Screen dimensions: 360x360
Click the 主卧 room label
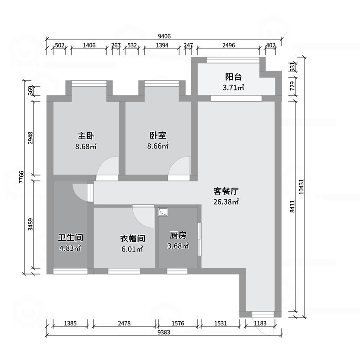(x=86, y=135)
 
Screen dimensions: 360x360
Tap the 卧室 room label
(x=158, y=135)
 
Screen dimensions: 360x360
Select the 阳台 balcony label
(x=234, y=76)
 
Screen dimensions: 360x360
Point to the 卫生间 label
(x=70, y=237)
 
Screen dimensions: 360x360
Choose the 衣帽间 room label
(x=131, y=238)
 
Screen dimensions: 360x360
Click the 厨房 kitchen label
(x=178, y=235)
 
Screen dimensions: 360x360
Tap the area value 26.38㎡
(x=226, y=202)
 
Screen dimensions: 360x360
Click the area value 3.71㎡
(x=234, y=88)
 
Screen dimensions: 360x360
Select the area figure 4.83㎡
(x=70, y=248)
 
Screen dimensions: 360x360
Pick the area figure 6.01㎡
(x=131, y=248)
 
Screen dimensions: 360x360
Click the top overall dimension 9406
(x=164, y=36)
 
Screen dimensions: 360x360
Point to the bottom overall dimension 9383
(x=164, y=332)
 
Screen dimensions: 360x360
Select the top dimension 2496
(x=229, y=45)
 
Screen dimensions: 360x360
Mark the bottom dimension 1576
(x=178, y=323)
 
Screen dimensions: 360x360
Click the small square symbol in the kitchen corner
(x=163, y=211)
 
